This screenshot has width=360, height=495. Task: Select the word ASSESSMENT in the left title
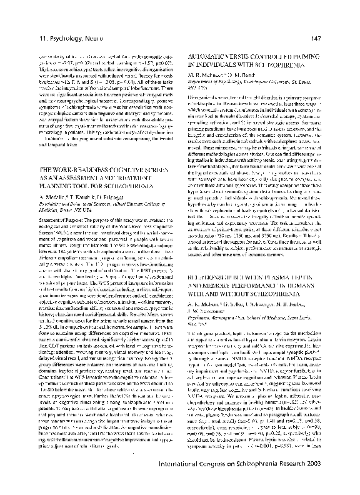click(80, 177)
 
